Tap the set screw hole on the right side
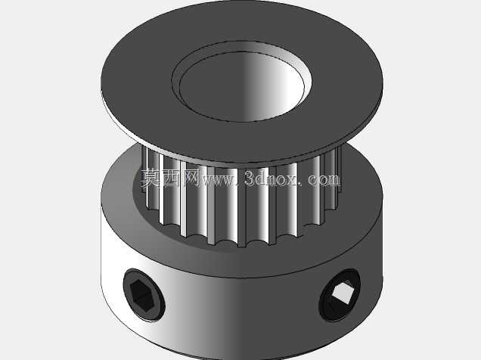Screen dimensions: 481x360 [x=340, y=295]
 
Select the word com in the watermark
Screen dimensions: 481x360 [x=324, y=179]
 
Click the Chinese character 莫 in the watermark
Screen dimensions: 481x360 [x=151, y=178]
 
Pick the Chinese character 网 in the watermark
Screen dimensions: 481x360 [x=192, y=178]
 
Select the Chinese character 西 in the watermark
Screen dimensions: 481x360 [x=171, y=178]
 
